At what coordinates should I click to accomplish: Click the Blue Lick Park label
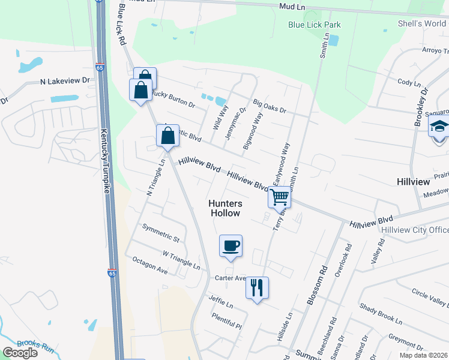click(x=315, y=25)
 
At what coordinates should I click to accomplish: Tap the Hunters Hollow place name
click(x=224, y=208)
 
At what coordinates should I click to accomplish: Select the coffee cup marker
click(x=231, y=246)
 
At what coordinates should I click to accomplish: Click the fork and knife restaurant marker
click(x=257, y=288)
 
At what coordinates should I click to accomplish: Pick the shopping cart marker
click(x=279, y=196)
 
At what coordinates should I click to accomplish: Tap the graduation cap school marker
click(x=439, y=128)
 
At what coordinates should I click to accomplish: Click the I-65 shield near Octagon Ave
click(x=112, y=273)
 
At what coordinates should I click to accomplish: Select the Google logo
click(x=20, y=353)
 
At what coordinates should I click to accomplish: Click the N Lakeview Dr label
click(x=65, y=80)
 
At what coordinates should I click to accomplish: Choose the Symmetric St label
click(x=160, y=233)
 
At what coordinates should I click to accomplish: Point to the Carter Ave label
click(x=231, y=278)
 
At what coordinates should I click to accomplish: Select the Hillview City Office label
click(x=414, y=230)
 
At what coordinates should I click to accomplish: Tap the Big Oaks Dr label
click(x=270, y=107)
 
